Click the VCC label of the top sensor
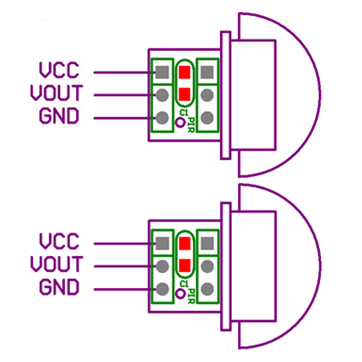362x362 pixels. point(59,71)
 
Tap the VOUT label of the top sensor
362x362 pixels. point(56,94)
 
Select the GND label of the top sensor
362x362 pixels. point(59,117)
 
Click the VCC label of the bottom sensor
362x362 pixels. point(59,241)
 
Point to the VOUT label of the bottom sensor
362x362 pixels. point(56,264)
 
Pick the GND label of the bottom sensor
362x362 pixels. point(59,287)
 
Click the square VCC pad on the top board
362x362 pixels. point(162,72)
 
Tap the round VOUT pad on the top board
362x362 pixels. point(162,95)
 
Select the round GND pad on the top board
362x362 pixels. point(162,118)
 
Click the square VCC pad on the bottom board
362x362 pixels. point(162,243)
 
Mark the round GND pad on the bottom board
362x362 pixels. point(162,288)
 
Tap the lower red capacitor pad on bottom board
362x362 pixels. point(185,265)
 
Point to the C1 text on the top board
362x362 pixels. point(183,112)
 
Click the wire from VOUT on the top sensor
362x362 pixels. point(122,95)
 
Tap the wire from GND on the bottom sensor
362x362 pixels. point(122,288)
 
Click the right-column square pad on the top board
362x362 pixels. point(207,72)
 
